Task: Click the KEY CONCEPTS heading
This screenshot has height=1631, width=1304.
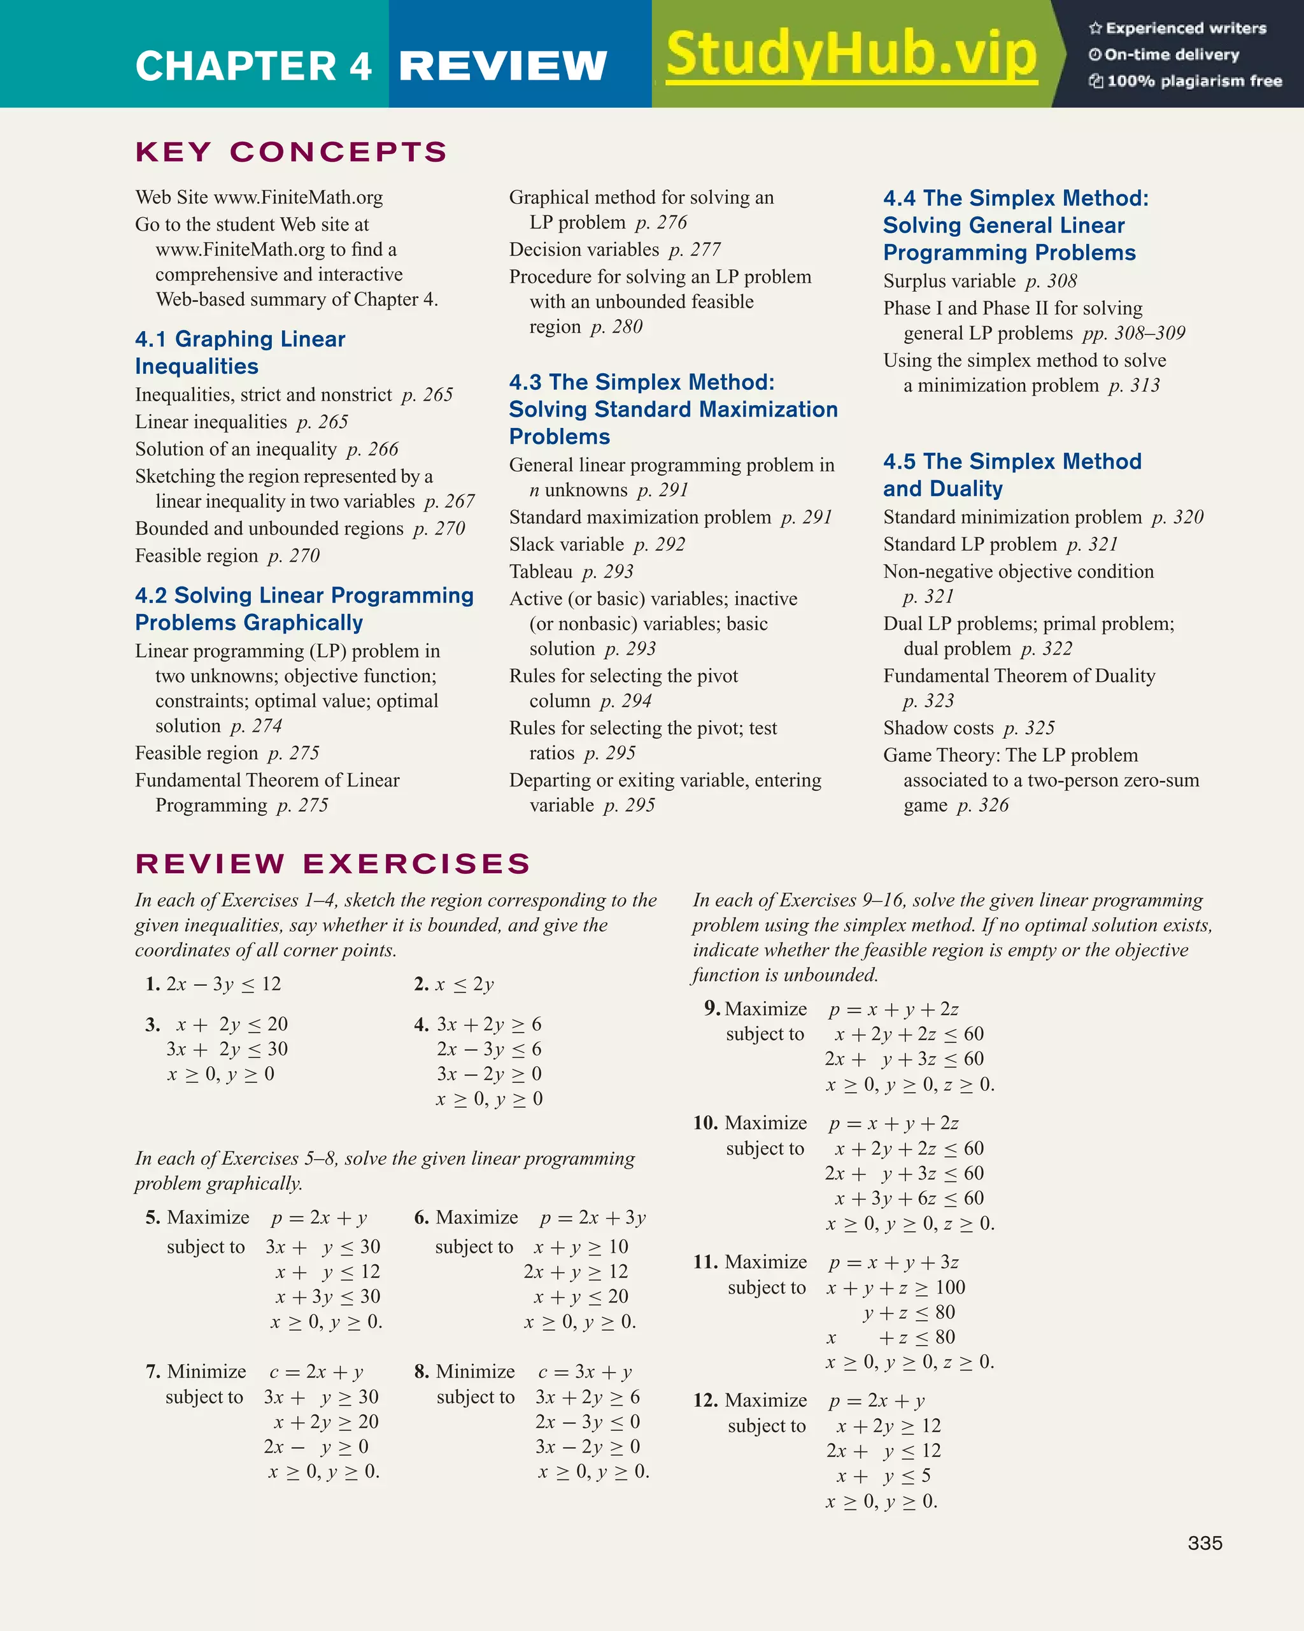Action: [291, 152]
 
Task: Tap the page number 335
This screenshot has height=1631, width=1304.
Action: [1204, 1543]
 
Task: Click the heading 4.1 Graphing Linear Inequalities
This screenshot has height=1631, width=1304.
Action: [240, 353]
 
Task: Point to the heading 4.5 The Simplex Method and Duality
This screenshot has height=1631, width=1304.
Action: [1011, 475]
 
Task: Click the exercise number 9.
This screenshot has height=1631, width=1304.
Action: [711, 1008]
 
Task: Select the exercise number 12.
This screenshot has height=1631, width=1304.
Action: [705, 1400]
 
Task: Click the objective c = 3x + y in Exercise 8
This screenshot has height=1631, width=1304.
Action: [585, 1372]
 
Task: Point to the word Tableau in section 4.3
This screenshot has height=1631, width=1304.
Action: [540, 572]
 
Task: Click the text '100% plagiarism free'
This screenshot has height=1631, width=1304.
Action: [1193, 81]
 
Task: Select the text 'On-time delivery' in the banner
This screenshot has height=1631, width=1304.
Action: [1171, 55]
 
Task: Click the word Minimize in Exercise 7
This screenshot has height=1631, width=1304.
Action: [206, 1372]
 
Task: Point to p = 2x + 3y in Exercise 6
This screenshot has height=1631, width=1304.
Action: [592, 1218]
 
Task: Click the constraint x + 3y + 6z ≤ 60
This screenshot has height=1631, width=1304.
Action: [909, 1199]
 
